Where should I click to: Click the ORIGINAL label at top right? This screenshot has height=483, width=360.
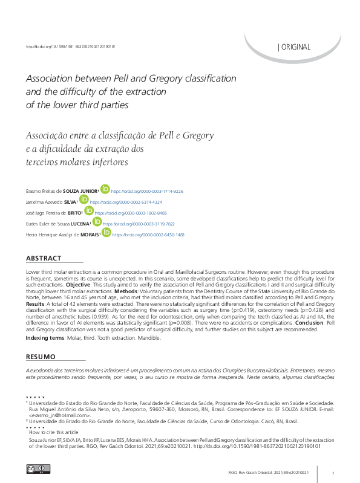click(295, 47)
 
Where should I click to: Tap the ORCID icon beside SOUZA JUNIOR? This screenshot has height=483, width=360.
click(105, 189)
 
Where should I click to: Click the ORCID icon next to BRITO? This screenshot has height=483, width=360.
click(89, 211)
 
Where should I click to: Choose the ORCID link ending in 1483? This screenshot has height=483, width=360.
click(148, 235)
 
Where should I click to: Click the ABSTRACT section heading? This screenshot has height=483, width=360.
click(44, 258)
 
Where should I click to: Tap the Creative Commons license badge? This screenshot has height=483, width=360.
click(38, 468)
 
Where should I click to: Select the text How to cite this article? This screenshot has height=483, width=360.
click(53, 433)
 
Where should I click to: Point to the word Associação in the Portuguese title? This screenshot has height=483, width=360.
click(48, 135)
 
